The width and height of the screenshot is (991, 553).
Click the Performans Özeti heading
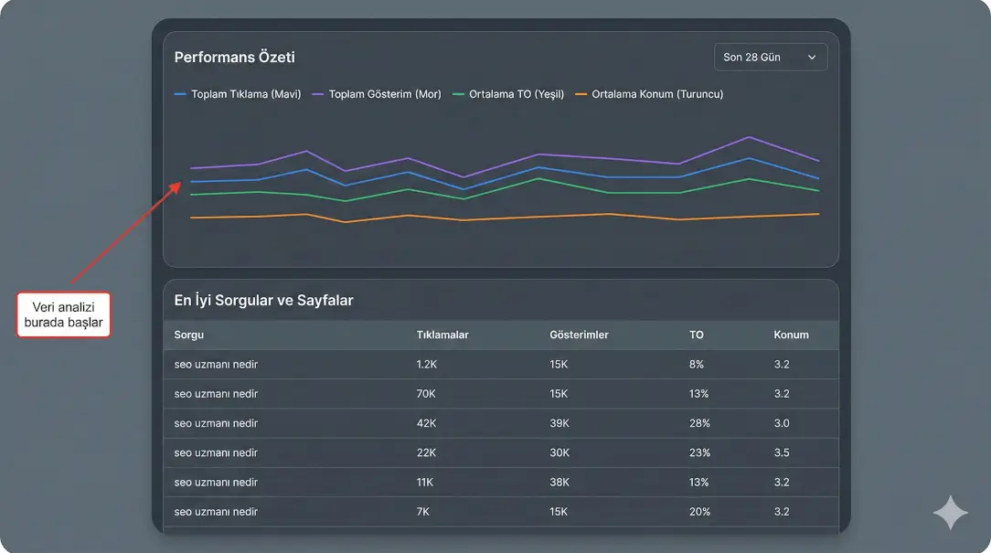click(x=234, y=58)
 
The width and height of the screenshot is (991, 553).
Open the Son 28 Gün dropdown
click(x=770, y=58)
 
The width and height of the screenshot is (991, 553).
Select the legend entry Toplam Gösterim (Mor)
click(x=377, y=94)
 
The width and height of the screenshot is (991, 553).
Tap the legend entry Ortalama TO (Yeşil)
click(x=509, y=94)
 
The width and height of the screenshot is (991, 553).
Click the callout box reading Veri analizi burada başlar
click(x=64, y=315)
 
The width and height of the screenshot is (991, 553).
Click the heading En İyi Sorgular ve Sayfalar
click(x=263, y=300)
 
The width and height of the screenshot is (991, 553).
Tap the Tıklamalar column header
click(x=442, y=335)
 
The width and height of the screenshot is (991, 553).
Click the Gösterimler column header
click(x=579, y=335)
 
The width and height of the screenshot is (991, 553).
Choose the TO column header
click(x=697, y=335)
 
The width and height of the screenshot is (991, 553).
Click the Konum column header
click(x=791, y=335)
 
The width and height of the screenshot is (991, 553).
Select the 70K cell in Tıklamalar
click(x=426, y=394)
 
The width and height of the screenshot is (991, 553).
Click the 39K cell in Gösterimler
click(x=559, y=423)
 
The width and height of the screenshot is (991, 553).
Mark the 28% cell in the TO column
click(x=699, y=423)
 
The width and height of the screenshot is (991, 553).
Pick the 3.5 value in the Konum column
click(x=782, y=452)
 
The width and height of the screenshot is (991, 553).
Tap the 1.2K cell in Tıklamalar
click(x=428, y=365)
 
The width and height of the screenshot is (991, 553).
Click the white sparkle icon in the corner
click(x=950, y=513)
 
